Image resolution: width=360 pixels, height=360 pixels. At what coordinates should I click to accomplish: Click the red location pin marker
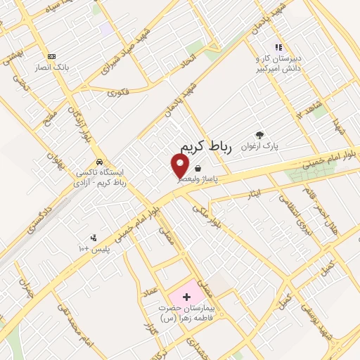point(181,165)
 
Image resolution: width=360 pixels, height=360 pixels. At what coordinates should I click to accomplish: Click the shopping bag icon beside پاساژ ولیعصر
point(199,169)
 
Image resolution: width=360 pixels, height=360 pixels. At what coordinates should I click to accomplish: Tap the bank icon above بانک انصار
point(51,56)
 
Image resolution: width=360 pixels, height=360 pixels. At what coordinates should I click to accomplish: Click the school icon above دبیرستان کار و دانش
point(278,47)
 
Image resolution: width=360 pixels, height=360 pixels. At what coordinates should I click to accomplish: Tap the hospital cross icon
point(186,298)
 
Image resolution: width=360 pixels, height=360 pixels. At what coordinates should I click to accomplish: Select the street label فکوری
point(120,91)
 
